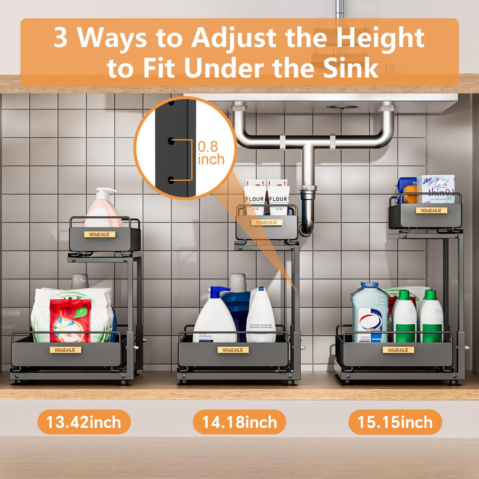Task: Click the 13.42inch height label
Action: coord(84,422)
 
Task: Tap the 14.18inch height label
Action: coord(239,422)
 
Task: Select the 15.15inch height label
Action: coord(395,422)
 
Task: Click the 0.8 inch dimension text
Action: coord(211,153)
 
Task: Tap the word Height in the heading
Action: coord(380,38)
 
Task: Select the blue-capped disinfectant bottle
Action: coord(370,312)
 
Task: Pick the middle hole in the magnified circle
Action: coord(172,140)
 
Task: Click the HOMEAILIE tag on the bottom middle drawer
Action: coord(233,350)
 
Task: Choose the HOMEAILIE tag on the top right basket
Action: coord(431,211)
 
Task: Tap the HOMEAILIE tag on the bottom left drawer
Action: coord(65,350)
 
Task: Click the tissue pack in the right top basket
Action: coord(436,189)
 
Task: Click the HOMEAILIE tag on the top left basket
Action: coord(99,234)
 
